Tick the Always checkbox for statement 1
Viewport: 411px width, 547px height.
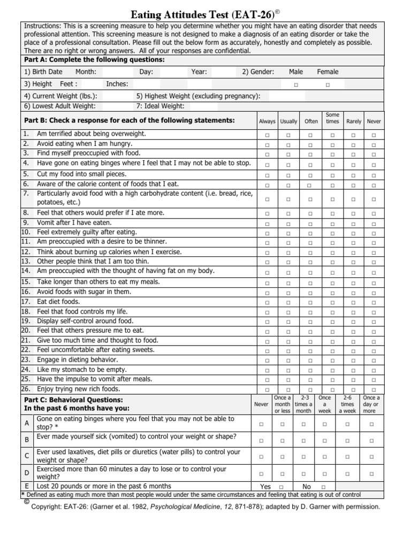pyautogui.click(x=267, y=135)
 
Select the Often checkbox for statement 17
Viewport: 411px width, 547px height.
pyautogui.click(x=310, y=302)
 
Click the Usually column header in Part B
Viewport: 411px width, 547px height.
pyautogui.click(x=288, y=121)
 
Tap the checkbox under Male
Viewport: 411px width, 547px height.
pyautogui.click(x=296, y=85)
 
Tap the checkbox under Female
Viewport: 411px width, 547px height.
pyautogui.click(x=328, y=85)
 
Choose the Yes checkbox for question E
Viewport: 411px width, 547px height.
pyautogui.click(x=281, y=487)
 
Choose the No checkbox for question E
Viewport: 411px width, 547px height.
pyautogui.click(x=323, y=487)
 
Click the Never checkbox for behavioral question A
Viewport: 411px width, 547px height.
pyautogui.click(x=261, y=424)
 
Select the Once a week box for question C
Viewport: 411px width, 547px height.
pyautogui.click(x=324, y=457)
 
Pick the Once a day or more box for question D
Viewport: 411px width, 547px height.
pyautogui.click(x=371, y=473)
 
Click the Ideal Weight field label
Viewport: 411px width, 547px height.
pyautogui.click(x=161, y=106)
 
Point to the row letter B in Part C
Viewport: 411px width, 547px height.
pyautogui.click(x=27, y=440)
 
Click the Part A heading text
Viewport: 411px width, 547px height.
pyautogui.click(x=94, y=59)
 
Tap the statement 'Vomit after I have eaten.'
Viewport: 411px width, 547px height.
pyautogui.click(x=74, y=222)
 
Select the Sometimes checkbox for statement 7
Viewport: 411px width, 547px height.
pyautogui.click(x=332, y=199)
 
